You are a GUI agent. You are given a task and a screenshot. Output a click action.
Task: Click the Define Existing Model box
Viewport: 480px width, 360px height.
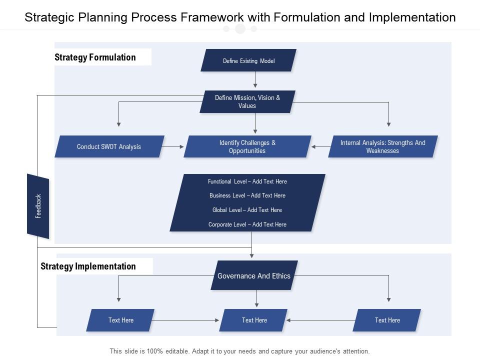(x=248, y=60)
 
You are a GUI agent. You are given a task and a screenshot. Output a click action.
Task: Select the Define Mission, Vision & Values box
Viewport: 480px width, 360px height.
(x=247, y=101)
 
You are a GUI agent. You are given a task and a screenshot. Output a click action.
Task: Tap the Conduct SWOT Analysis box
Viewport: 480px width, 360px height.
(x=109, y=146)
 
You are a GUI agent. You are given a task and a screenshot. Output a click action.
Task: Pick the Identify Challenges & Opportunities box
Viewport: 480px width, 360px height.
(x=247, y=146)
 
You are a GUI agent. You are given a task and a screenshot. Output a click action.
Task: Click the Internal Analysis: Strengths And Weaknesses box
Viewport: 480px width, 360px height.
(x=382, y=146)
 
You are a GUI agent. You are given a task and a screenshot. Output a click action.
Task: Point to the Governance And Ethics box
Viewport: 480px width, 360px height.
(x=254, y=275)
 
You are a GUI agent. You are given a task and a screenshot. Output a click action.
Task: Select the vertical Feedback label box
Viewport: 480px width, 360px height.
(x=38, y=206)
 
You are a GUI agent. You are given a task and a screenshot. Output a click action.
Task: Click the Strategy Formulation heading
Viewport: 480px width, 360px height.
(x=95, y=57)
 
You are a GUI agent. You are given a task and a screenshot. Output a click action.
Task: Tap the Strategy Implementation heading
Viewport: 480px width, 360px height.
(x=88, y=266)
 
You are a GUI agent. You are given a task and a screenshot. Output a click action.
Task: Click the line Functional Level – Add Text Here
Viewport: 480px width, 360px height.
(x=247, y=181)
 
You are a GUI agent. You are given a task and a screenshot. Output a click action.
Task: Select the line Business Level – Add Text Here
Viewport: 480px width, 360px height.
(x=247, y=195)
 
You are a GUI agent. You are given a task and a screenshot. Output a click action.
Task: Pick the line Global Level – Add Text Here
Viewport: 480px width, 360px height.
(x=247, y=210)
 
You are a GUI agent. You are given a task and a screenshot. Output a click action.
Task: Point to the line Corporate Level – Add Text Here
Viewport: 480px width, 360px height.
(x=247, y=224)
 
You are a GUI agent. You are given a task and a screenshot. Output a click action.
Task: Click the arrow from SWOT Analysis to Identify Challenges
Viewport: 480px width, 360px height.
(x=173, y=146)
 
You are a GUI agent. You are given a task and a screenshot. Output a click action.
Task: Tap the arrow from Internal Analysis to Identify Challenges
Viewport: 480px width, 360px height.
(x=320, y=147)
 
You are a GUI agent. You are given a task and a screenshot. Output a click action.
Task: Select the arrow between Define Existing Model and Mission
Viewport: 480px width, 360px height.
(x=255, y=80)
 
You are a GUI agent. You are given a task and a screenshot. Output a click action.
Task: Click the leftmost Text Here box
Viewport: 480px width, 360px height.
(x=120, y=320)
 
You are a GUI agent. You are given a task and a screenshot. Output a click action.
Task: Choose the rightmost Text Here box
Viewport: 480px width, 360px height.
(x=387, y=320)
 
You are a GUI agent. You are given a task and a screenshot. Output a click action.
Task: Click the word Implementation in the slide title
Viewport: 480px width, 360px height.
(x=412, y=17)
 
